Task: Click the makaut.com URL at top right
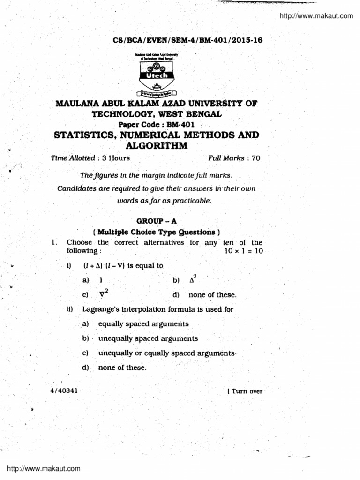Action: (x=316, y=16)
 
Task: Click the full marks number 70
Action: (x=255, y=158)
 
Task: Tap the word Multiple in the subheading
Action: (x=114, y=232)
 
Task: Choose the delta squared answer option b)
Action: (x=192, y=280)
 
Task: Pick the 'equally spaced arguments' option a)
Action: (x=143, y=324)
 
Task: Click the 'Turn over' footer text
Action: (x=246, y=391)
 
